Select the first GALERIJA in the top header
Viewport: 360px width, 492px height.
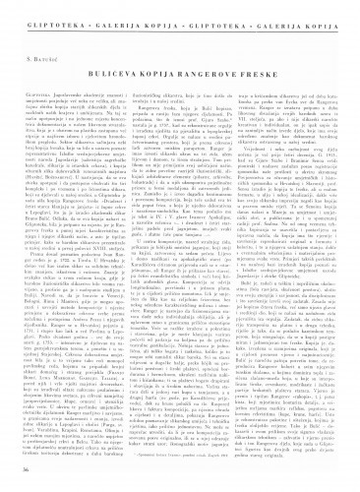tap(110, 17)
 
